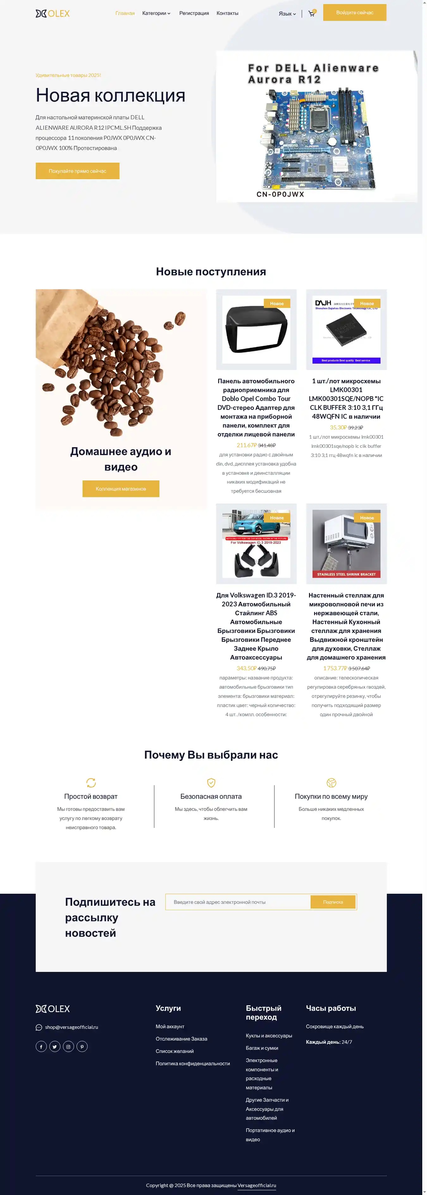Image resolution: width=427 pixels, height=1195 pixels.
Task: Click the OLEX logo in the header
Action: (x=53, y=14)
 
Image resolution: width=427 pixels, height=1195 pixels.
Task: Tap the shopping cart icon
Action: (x=312, y=14)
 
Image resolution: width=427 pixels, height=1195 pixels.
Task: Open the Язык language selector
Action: (x=287, y=14)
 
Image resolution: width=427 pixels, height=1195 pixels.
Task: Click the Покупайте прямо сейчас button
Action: (x=77, y=171)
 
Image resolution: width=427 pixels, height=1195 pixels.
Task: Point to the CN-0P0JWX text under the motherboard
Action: (x=280, y=194)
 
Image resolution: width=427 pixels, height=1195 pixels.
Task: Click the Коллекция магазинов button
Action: (x=121, y=489)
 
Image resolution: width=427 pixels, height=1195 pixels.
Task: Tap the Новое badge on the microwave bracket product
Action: (x=367, y=518)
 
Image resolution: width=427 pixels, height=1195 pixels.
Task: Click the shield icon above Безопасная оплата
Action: (x=211, y=783)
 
